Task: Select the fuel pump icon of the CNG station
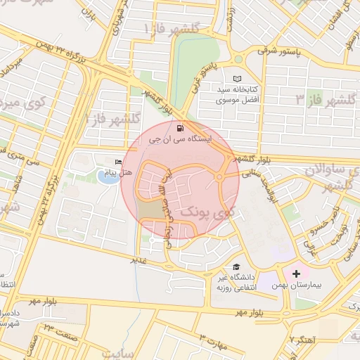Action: click(181, 128)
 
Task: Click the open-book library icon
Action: click(237, 79)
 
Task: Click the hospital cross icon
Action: click(296, 272)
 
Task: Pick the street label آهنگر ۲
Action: click(304, 340)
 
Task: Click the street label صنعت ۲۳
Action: click(60, 328)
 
